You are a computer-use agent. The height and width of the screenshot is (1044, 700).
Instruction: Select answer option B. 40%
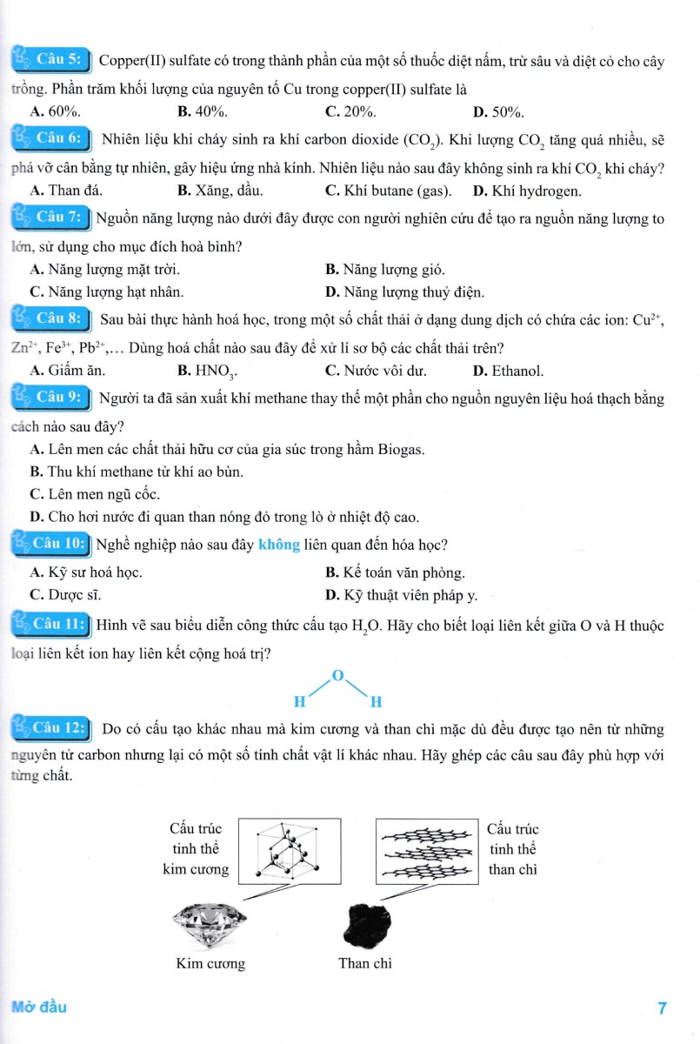tap(202, 111)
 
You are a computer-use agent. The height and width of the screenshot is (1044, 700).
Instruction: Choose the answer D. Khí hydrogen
tap(527, 191)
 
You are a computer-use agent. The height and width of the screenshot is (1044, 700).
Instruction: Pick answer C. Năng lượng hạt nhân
tap(106, 292)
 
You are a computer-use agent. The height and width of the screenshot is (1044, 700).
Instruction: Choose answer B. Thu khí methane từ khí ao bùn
tap(136, 472)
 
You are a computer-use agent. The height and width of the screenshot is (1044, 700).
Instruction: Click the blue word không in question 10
tap(278, 545)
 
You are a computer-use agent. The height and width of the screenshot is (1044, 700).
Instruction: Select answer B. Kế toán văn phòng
tap(395, 572)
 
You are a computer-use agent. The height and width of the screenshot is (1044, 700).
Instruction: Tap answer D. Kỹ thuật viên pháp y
tap(401, 595)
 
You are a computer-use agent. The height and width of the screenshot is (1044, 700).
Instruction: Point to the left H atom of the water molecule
tap(299, 701)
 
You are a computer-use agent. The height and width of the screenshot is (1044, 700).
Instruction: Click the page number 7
tap(662, 1009)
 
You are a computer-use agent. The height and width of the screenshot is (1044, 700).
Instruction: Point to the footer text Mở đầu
tap(38, 1007)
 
